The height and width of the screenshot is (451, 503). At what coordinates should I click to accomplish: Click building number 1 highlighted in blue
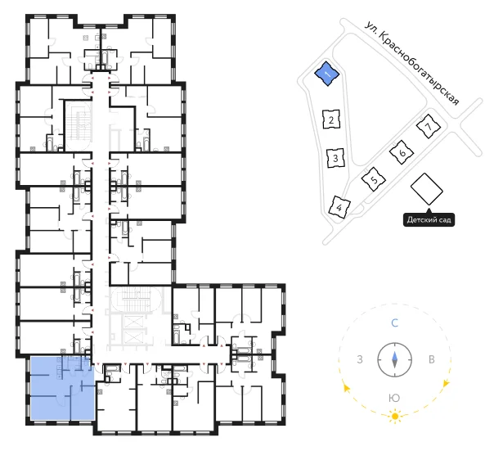click(x=326, y=74)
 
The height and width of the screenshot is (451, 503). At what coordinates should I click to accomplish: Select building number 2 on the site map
click(x=331, y=120)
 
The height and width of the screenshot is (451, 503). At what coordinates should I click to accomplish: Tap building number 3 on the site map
click(x=335, y=158)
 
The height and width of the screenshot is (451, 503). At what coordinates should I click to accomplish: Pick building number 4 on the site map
click(x=339, y=207)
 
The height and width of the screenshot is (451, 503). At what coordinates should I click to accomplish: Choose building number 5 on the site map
click(x=374, y=179)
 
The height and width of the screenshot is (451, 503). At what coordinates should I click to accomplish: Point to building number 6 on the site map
click(x=402, y=152)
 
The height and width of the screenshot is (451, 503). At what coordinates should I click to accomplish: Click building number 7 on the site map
click(x=429, y=126)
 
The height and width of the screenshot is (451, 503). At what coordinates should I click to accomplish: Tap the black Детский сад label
click(x=429, y=220)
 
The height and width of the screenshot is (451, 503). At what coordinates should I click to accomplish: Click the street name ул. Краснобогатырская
click(x=412, y=63)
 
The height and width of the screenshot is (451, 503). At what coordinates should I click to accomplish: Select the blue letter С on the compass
click(x=394, y=322)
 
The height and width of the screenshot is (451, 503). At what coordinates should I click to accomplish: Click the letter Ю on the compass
click(x=394, y=399)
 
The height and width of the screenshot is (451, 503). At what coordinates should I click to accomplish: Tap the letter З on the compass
click(x=360, y=359)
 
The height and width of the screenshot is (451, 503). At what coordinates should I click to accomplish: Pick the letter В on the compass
click(x=432, y=359)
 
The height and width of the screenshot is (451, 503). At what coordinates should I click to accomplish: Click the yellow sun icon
click(x=395, y=417)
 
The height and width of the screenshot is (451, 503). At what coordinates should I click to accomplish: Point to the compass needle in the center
click(x=394, y=359)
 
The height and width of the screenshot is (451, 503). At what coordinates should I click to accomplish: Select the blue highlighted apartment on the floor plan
click(x=62, y=388)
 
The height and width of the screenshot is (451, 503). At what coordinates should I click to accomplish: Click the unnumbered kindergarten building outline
click(x=427, y=189)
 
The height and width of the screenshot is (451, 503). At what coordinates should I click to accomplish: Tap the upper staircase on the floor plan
click(x=78, y=126)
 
